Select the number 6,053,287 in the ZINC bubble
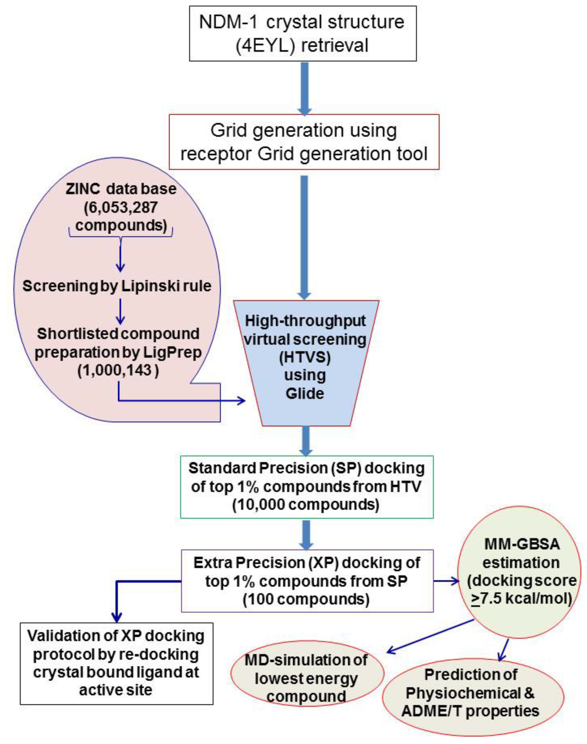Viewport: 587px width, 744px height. [121, 207]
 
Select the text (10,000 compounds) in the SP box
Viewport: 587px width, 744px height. [306, 505]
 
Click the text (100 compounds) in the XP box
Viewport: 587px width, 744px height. [306, 599]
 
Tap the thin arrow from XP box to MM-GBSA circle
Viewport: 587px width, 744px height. [446, 581]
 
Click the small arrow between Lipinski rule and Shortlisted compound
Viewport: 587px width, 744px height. [120, 311]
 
